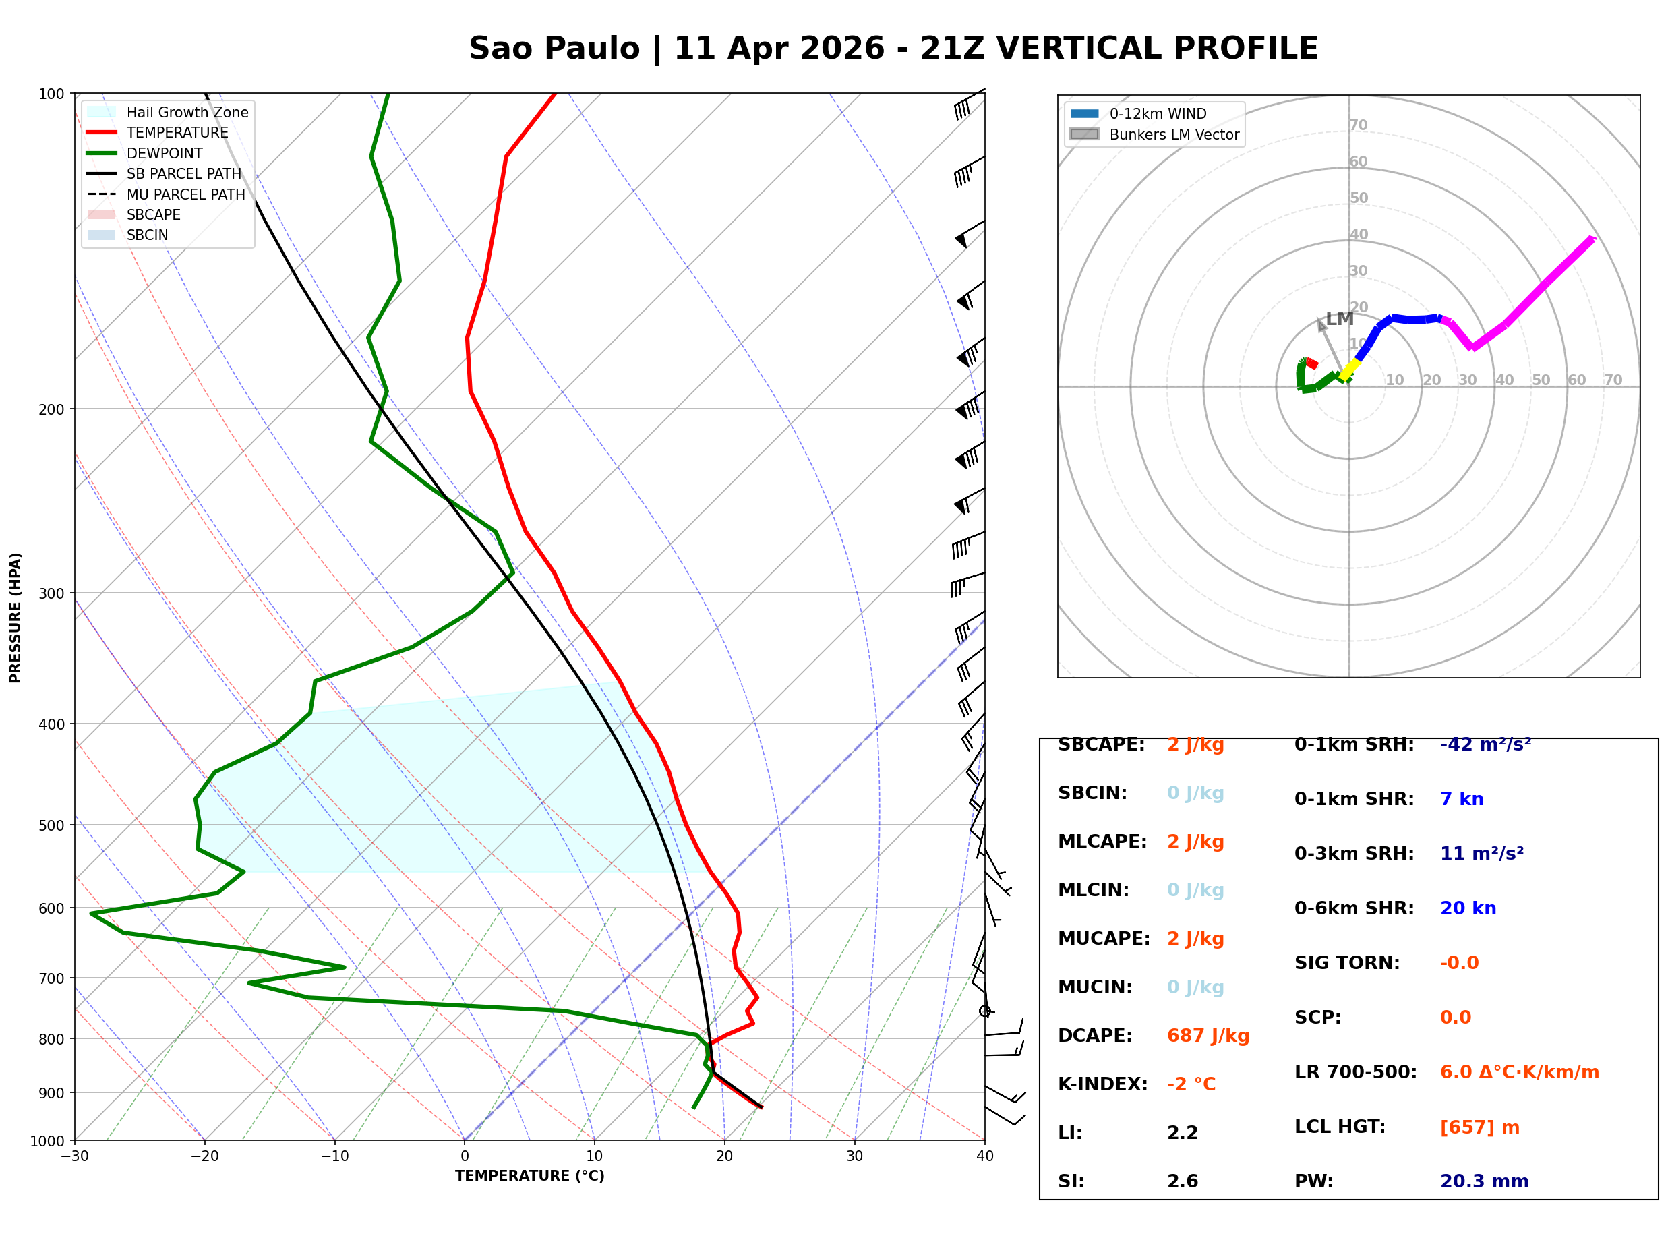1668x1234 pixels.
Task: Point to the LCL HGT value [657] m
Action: pos(1479,1127)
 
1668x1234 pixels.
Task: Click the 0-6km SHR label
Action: pos(1354,908)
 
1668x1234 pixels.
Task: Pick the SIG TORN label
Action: pos(1347,963)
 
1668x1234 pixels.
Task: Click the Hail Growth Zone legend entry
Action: pos(187,112)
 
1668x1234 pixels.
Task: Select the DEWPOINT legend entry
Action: pos(165,153)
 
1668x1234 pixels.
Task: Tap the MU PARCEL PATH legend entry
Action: pos(185,194)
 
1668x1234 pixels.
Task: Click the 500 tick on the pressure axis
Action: pos(51,825)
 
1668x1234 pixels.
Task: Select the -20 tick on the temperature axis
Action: pos(204,1156)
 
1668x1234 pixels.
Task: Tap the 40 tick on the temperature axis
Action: pos(984,1156)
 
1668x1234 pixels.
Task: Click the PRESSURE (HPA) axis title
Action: pos(16,617)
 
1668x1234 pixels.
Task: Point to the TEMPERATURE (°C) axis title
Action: pos(529,1176)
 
